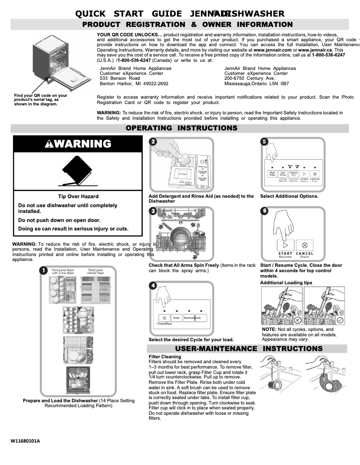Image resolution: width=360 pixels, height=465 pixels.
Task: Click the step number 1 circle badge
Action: click(43, 270)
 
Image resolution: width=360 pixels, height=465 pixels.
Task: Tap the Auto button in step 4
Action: click(176, 318)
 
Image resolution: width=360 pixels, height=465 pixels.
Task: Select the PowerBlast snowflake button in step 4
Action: click(163, 318)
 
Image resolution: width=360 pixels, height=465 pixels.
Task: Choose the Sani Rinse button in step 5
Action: click(283, 174)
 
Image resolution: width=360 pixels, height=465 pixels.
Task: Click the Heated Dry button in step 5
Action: click(294, 174)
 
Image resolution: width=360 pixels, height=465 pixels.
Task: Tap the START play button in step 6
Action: click(285, 245)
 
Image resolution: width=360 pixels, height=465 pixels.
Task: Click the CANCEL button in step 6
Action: click(305, 245)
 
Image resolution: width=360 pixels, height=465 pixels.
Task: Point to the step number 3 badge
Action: click(153, 211)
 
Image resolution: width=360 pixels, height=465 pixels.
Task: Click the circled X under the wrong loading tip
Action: click(297, 320)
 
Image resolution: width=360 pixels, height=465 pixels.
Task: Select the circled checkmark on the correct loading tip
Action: click(340, 320)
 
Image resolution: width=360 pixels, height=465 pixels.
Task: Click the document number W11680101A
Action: click(25, 441)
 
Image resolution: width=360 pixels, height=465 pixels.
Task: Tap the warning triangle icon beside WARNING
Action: click(49, 144)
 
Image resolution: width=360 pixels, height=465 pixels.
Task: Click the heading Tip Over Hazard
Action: click(78, 196)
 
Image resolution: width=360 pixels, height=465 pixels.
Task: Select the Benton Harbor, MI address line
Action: click(134, 83)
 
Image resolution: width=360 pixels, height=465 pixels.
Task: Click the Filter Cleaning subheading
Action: click(165, 357)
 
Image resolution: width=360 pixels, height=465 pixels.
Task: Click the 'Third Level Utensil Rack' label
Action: click(95, 272)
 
